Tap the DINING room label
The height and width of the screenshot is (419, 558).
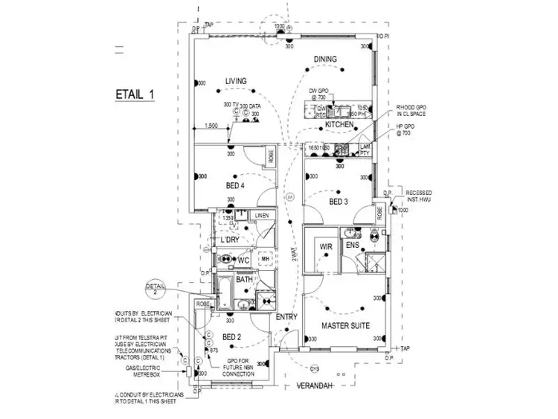[x=325, y=60]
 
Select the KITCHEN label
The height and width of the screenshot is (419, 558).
[x=339, y=124]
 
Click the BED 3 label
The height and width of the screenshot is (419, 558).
[x=339, y=202]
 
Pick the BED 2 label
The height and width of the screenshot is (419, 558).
[x=232, y=337]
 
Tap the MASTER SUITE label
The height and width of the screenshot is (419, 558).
[x=346, y=326]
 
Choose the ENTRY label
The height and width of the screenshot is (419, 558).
[x=286, y=317]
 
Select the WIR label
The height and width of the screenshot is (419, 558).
[x=325, y=246]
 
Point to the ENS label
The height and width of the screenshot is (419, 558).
[x=353, y=245]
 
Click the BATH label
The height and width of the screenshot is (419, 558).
[x=245, y=280]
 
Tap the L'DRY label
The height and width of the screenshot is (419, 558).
[x=229, y=240]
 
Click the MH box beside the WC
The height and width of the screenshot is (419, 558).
[x=265, y=258]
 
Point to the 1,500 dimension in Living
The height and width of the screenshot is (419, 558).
[x=211, y=126]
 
